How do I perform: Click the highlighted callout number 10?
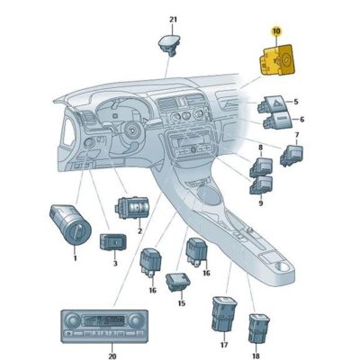276,31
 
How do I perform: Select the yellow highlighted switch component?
277,59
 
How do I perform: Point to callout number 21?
173,20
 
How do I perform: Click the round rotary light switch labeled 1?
70,224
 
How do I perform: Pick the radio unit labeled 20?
104,326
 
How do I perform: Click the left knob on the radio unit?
73,320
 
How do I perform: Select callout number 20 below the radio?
112,356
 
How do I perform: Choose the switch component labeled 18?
258,328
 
